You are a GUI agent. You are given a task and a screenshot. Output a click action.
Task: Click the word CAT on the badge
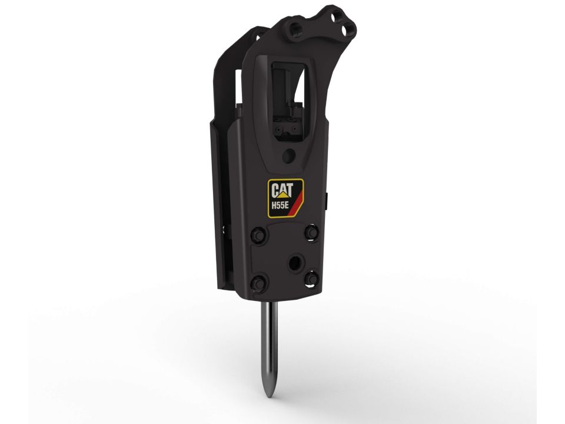point(282,190)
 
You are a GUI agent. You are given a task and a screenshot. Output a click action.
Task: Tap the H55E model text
point(280,206)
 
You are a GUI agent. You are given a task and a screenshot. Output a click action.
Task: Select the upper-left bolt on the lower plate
point(259,235)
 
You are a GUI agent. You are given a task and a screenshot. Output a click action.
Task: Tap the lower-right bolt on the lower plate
point(311,279)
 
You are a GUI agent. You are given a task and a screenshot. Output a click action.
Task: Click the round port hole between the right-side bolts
point(295,263)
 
